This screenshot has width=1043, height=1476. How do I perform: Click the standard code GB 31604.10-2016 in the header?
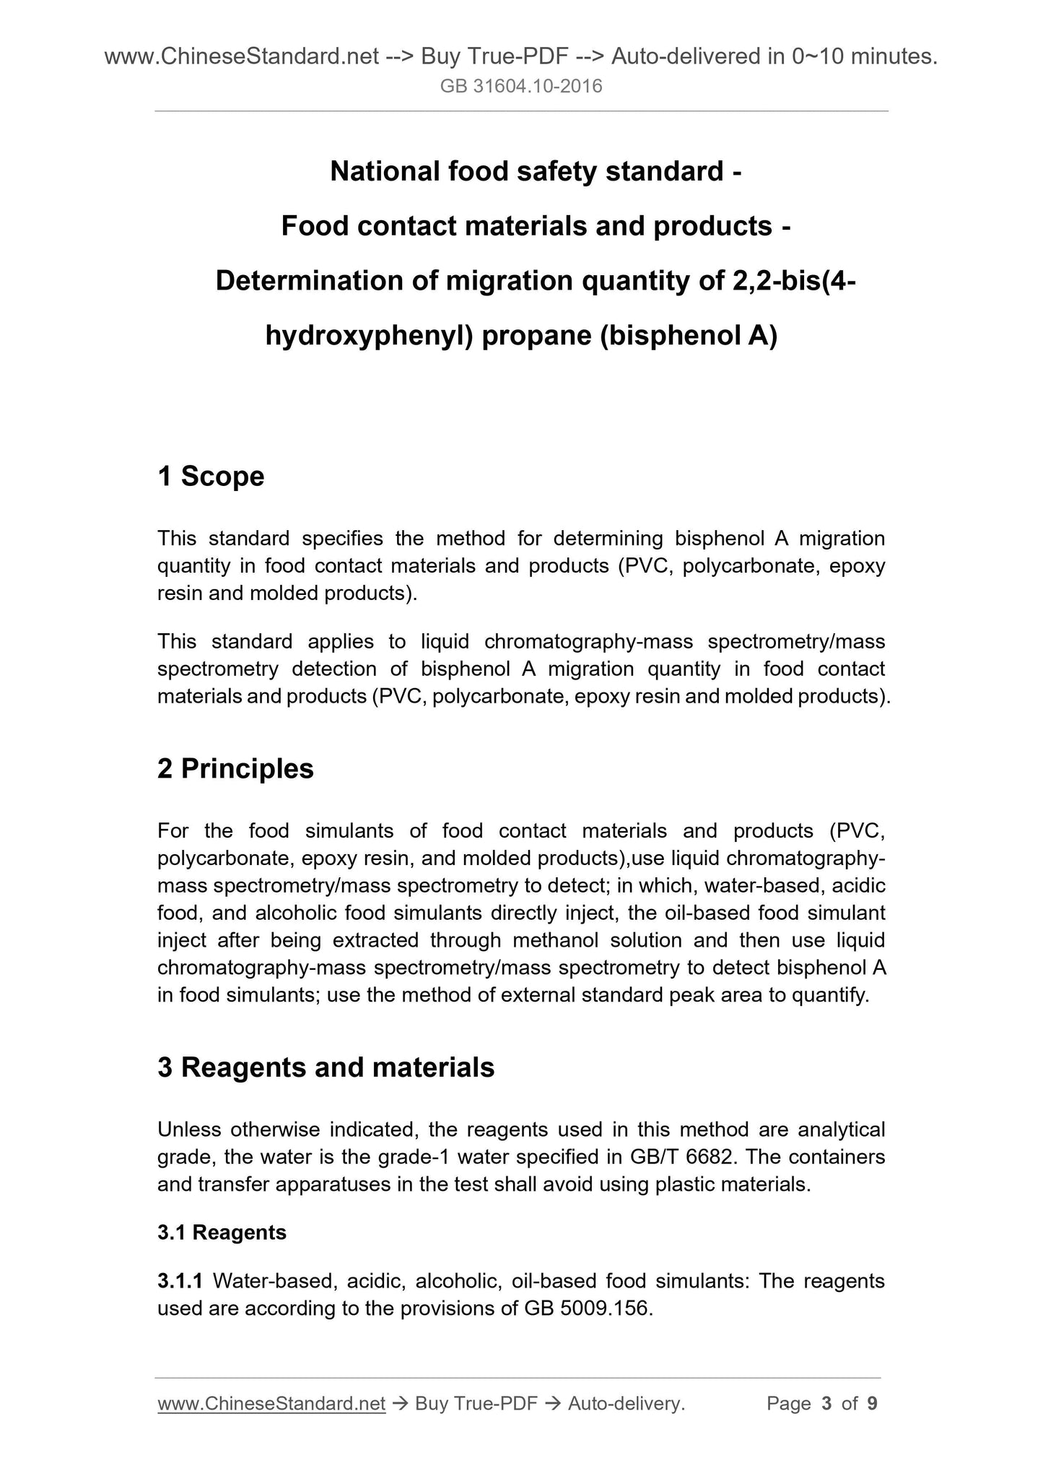pyautogui.click(x=521, y=87)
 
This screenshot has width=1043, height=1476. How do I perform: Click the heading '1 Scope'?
pyautogui.click(x=211, y=477)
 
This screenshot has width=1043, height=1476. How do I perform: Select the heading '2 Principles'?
pyautogui.click(x=235, y=769)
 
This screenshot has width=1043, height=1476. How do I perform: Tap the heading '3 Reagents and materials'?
pyautogui.click(x=326, y=1067)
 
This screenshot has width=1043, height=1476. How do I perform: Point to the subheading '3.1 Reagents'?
pyautogui.click(x=222, y=1233)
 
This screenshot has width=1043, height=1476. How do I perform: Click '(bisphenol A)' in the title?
pyautogui.click(x=688, y=336)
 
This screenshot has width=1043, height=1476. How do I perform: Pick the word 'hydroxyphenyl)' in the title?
pyautogui.click(x=368, y=336)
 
